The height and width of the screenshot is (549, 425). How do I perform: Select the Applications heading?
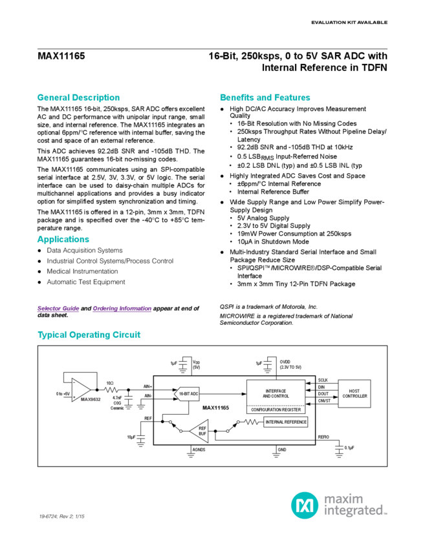(x=63, y=240)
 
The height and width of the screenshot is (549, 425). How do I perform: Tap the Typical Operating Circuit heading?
(x=89, y=335)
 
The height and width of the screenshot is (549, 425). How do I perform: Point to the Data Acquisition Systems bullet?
(x=89, y=249)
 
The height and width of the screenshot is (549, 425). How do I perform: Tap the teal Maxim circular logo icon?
(x=303, y=504)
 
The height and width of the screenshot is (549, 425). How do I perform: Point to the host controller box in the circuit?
(x=353, y=391)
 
